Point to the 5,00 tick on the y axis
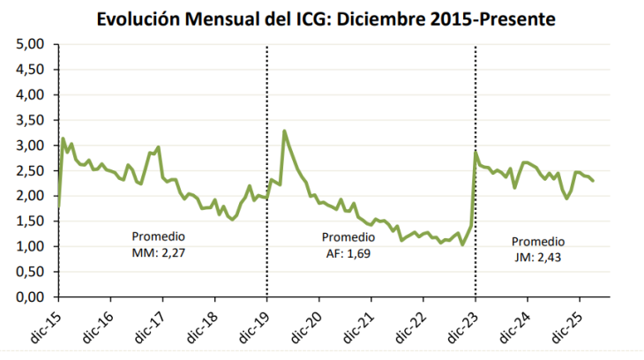click(33, 44)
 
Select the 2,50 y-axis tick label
click(33, 171)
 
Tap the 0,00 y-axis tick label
click(33, 298)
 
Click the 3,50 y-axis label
click(33, 120)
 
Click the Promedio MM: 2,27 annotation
click(159, 244)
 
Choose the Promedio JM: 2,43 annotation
click(537, 249)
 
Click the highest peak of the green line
click(284, 131)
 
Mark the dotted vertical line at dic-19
click(267, 221)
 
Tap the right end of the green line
click(593, 181)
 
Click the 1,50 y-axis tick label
click(33, 221)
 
